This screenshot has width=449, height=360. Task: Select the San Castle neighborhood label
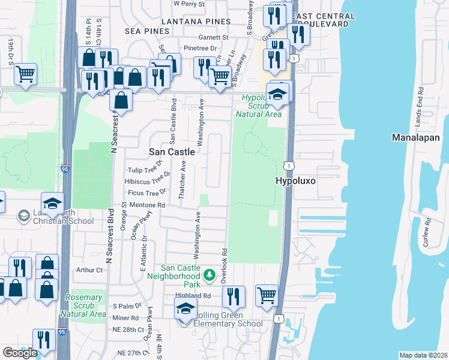[x=172, y=152]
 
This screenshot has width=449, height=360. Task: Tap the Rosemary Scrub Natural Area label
[x=83, y=305]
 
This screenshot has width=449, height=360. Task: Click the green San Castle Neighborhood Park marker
[x=209, y=275]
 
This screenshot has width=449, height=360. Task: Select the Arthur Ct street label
[x=89, y=270]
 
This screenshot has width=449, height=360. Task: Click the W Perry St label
[x=189, y=4]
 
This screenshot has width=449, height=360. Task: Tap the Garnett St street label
[x=215, y=37]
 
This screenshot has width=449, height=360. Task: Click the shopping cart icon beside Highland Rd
[x=267, y=295]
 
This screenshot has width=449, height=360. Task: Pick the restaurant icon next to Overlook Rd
[x=234, y=296]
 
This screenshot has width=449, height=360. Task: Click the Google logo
[x=20, y=352]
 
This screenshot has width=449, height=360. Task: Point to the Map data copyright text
[x=422, y=355]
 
